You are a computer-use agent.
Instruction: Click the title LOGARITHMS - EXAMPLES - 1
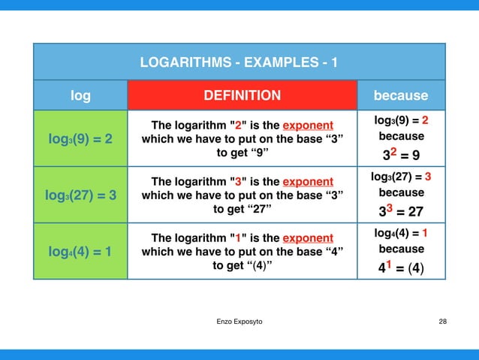[x=239, y=61]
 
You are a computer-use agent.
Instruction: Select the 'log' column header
[x=80, y=95]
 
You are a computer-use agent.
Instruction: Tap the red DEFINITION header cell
[x=243, y=95]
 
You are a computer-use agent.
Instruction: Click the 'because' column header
[x=401, y=95]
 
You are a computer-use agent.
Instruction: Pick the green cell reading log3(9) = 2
[x=80, y=139]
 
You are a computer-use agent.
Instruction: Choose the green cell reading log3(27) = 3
[x=80, y=195]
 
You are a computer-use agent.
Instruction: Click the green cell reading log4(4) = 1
[x=80, y=252]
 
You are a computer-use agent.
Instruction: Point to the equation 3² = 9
[x=401, y=156]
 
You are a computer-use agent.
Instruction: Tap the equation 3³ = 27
[x=401, y=213]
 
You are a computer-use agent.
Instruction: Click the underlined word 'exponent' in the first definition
[x=308, y=125]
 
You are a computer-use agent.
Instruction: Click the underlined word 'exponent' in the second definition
[x=308, y=181]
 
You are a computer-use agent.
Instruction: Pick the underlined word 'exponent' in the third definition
[x=308, y=237]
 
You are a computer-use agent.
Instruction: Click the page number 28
[x=442, y=321]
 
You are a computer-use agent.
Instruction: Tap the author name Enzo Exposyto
[x=239, y=321]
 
